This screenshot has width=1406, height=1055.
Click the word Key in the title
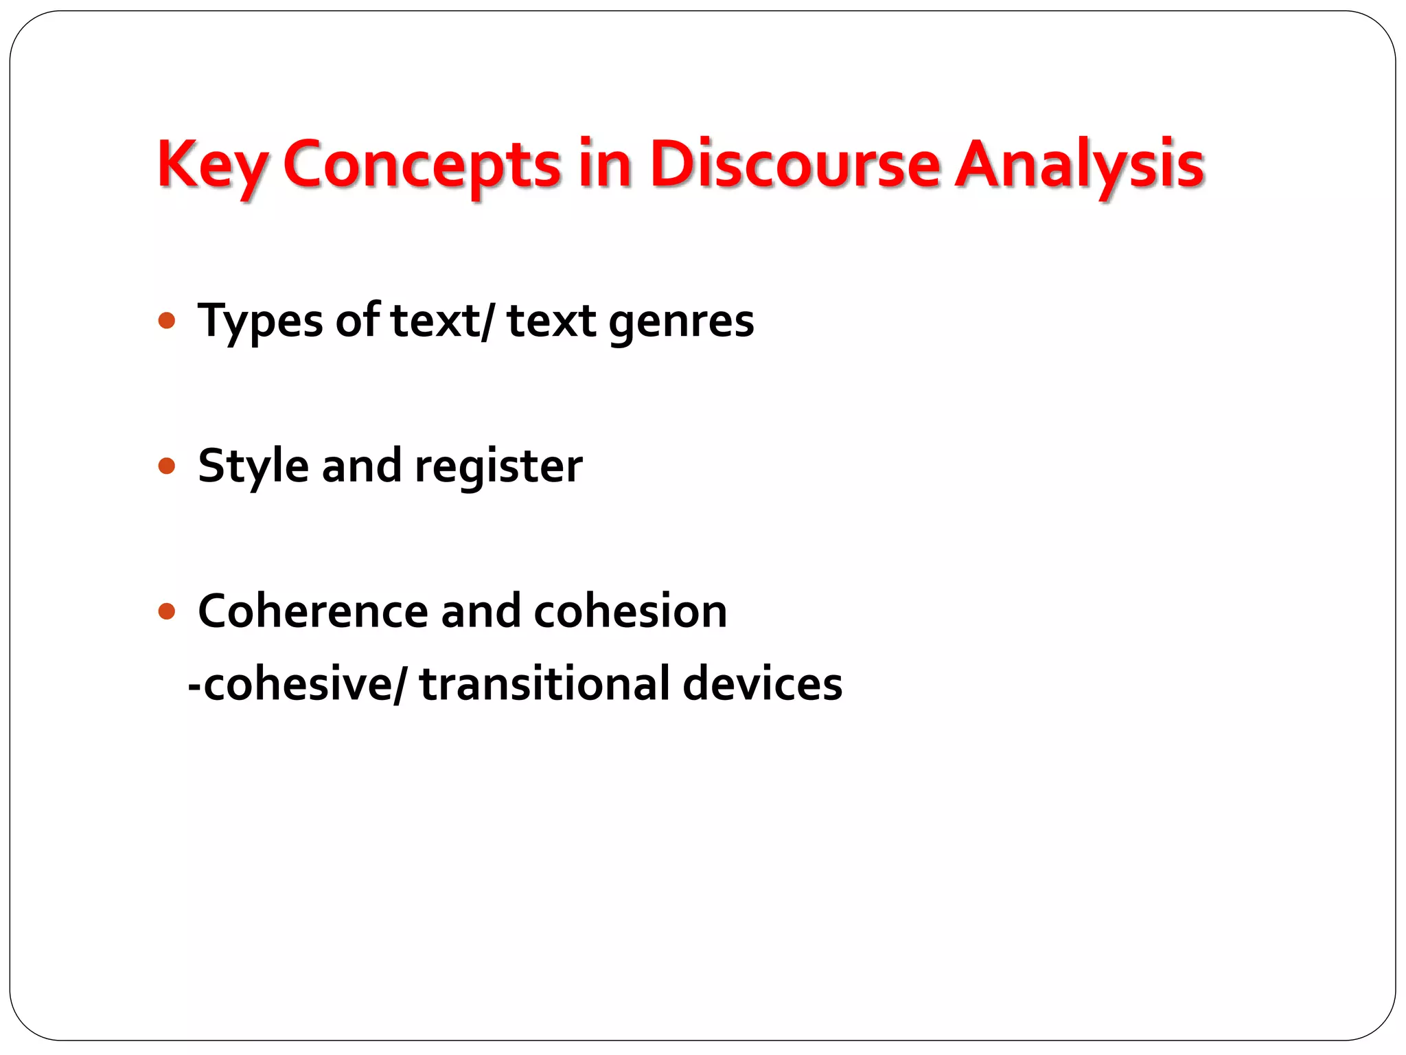212,165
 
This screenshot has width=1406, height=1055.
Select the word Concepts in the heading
422,165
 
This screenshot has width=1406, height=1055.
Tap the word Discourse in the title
794,165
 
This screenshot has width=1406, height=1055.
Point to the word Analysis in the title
1080,165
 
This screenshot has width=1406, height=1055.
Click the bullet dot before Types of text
167,321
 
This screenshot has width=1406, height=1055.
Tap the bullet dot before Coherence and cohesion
167,611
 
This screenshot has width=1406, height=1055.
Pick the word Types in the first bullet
260,321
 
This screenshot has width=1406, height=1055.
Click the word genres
681,321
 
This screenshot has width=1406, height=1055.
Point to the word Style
253,466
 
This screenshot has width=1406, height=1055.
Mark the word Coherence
313,611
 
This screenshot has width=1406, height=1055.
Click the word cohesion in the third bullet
630,611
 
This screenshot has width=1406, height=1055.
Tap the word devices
762,684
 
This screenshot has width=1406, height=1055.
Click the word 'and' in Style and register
361,466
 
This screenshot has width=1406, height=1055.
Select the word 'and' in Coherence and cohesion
481,611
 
